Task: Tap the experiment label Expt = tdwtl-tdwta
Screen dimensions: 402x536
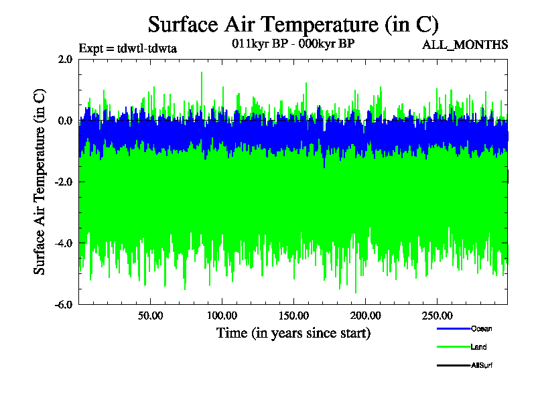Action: (x=127, y=48)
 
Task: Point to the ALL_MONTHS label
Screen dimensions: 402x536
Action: (x=465, y=45)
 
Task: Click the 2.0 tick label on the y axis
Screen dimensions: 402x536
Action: (x=65, y=59)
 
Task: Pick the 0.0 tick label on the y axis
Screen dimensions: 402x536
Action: (x=65, y=121)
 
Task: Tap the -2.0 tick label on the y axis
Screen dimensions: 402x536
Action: (x=64, y=182)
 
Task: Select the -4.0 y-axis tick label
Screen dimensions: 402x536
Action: (x=64, y=243)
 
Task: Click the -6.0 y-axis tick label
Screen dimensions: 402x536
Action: (x=64, y=304)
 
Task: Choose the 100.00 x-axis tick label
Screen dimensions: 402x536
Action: (x=222, y=315)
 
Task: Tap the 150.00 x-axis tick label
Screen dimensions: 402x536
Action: (x=293, y=315)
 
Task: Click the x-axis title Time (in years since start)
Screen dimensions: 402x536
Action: (x=293, y=333)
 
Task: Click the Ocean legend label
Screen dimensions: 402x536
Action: (x=481, y=328)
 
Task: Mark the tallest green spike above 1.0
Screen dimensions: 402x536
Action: (x=202, y=73)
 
